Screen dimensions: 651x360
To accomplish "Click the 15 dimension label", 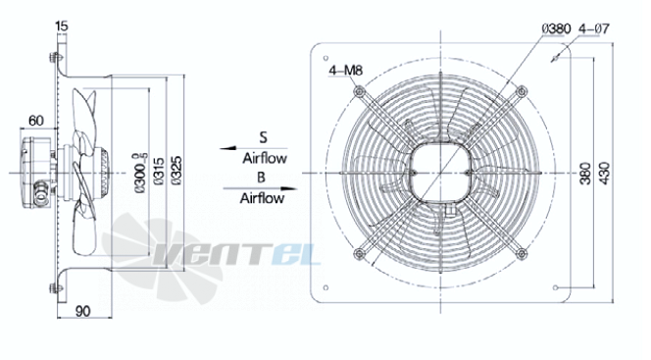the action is pyautogui.click(x=61, y=26).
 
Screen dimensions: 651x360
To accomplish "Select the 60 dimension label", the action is pyautogui.click(x=35, y=121).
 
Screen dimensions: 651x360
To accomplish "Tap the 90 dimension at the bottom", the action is pyautogui.click(x=83, y=311).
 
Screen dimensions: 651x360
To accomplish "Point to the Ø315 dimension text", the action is pyautogui.click(x=159, y=171).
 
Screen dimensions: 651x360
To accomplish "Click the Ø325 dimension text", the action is pyautogui.click(x=176, y=171).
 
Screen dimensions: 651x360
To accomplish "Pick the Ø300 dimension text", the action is pyautogui.click(x=142, y=174).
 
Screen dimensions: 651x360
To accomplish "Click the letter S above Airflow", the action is pyautogui.click(x=263, y=137).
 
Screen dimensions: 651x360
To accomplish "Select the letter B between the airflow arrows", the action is pyautogui.click(x=261, y=178).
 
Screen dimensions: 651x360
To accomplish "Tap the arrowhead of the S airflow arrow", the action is pyautogui.click(x=227, y=148).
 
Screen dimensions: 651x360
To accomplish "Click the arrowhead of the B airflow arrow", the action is pyautogui.click(x=289, y=188).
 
